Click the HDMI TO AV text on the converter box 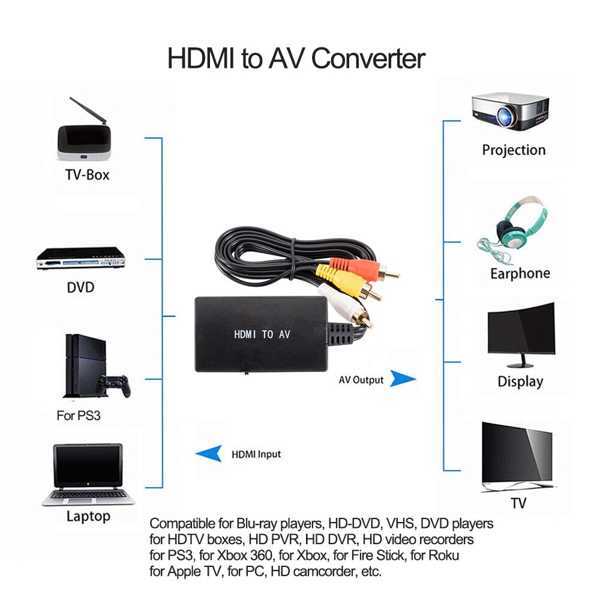click(x=262, y=335)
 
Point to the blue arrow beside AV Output click(x=403, y=379)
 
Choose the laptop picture click(x=88, y=474)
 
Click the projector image click(x=510, y=112)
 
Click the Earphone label click(x=520, y=274)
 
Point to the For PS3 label click(x=79, y=415)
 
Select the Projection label click(x=514, y=150)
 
